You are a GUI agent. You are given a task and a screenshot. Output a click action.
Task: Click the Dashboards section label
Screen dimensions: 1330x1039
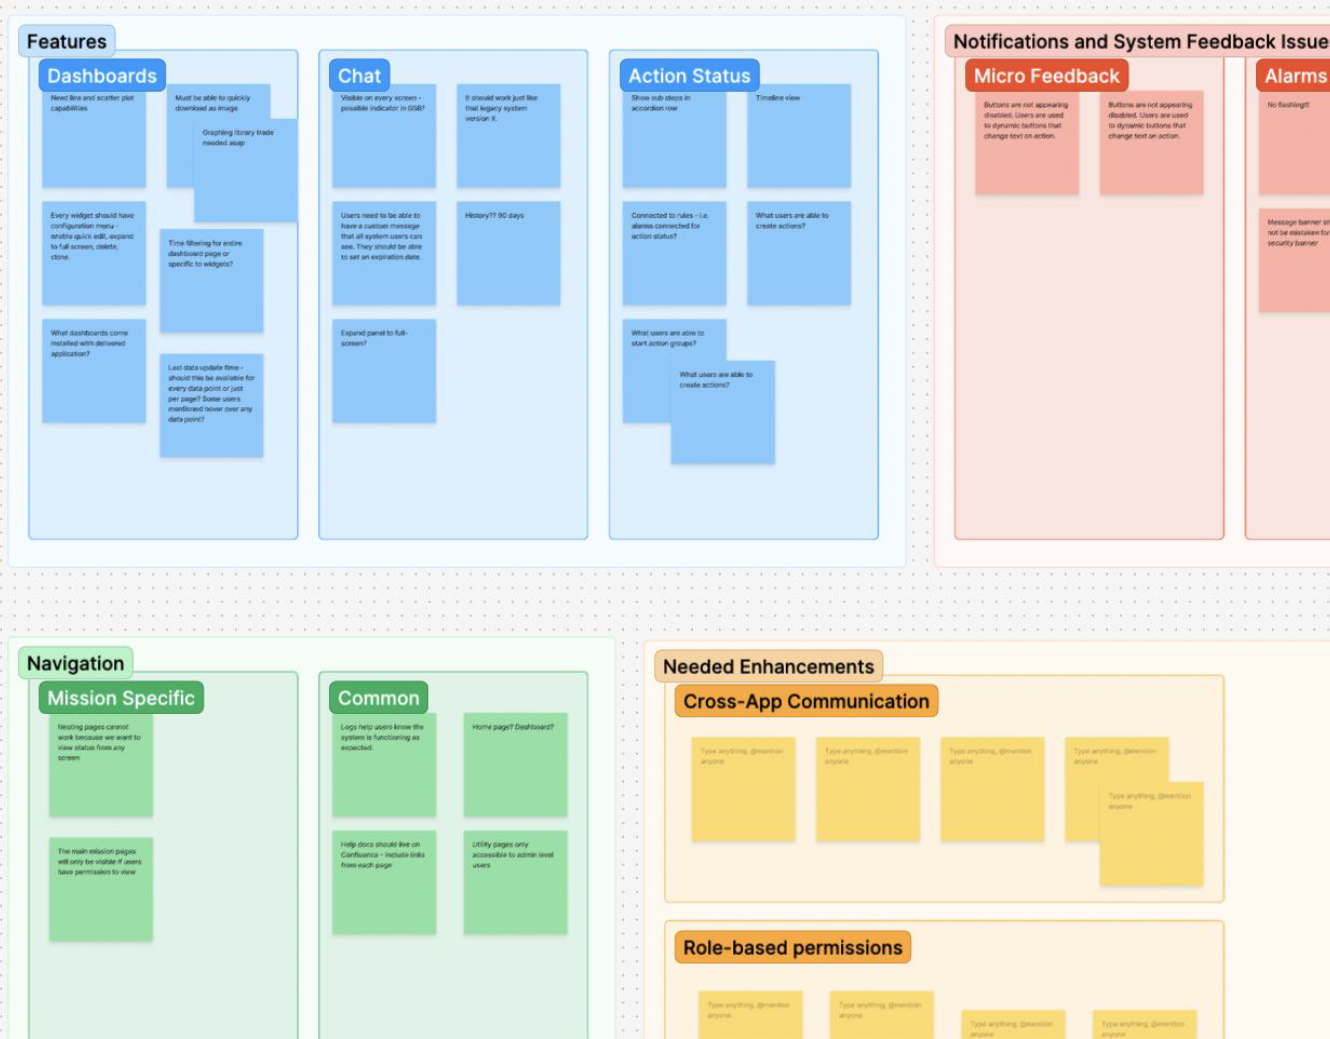[102, 75]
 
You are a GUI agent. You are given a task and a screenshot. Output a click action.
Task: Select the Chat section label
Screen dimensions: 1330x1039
[359, 75]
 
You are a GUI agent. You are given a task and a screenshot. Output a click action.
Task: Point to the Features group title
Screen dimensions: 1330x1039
[66, 41]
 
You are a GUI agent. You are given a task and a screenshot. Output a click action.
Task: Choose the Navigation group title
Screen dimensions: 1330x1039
[75, 663]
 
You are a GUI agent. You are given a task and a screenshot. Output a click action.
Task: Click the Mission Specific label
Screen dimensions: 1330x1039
[121, 697]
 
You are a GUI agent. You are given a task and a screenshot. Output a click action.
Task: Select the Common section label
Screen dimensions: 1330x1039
[378, 697]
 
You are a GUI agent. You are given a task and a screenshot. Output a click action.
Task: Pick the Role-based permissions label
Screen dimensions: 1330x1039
[792, 947]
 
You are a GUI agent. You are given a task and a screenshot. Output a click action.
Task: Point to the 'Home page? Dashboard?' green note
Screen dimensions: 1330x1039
[515, 764]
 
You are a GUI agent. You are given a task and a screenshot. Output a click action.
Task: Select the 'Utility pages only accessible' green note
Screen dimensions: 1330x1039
[515, 882]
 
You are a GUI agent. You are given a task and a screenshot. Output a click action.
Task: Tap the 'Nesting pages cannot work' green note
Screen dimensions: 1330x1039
[100, 764]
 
